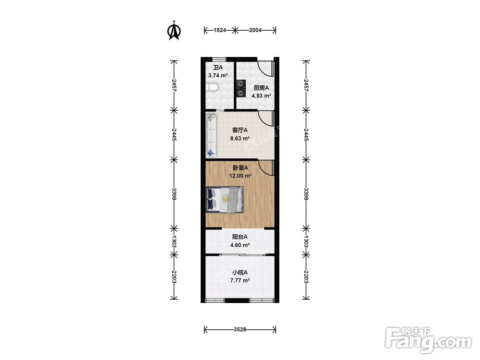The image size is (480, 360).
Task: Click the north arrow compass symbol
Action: coord(174,31)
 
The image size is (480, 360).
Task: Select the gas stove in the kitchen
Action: coord(241,88)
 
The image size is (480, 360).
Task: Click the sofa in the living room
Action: coord(212,135)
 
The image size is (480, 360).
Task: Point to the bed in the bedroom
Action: coord(225,199)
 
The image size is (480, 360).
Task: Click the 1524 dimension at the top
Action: coord(219,30)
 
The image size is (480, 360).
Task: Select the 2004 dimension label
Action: coord(255,30)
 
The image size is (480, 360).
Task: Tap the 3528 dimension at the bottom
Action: coord(240,329)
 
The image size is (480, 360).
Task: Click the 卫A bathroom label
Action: coord(218,67)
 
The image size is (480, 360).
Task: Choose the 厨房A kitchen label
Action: coord(261,88)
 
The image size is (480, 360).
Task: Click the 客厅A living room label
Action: coord(240,130)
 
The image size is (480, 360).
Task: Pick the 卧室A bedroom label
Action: coord(240,168)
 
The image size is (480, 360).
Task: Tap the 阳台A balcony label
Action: coord(240,237)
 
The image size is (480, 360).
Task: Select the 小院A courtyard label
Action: coord(240,272)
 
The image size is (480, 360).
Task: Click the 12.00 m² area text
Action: coord(240,176)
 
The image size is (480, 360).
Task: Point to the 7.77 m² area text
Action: coord(240,280)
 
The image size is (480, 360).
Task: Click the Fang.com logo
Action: coord(428,340)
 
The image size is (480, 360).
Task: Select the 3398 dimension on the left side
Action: coord(174,194)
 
